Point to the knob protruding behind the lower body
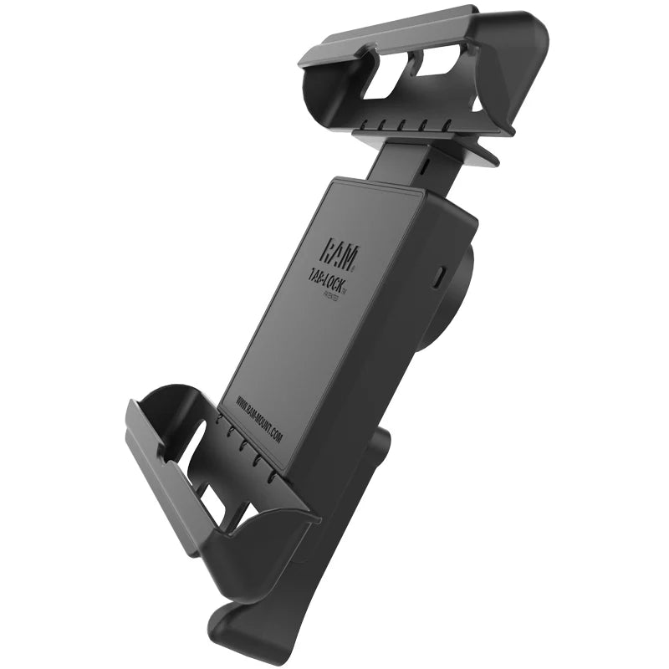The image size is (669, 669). pos(380,452)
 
